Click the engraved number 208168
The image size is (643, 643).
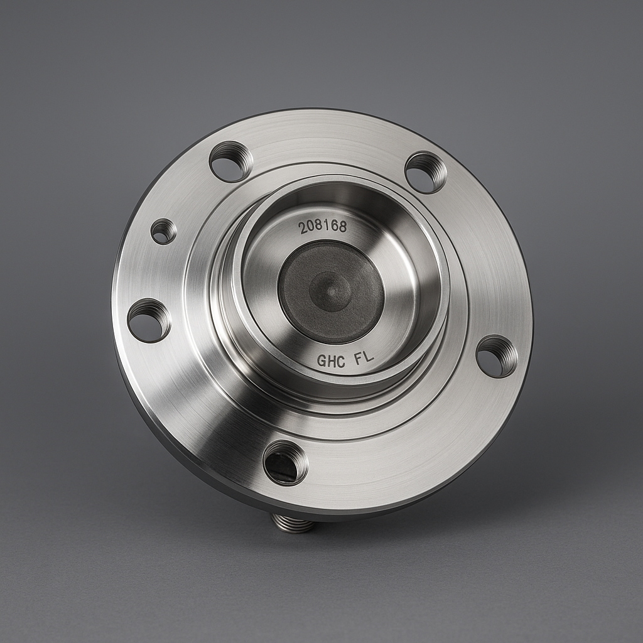[323, 227]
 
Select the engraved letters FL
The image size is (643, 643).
[364, 357]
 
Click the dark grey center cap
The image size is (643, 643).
[331, 291]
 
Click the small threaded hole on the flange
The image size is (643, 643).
[164, 232]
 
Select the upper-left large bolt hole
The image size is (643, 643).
[230, 161]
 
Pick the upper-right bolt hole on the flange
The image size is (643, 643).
[425, 173]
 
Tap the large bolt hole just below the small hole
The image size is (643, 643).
[149, 320]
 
